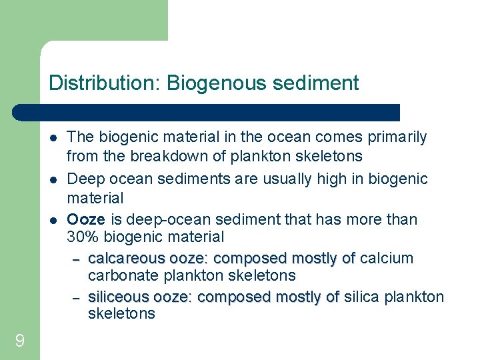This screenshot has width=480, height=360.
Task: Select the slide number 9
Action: pyautogui.click(x=19, y=341)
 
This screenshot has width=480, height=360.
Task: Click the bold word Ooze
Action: pyautogui.click(x=86, y=219)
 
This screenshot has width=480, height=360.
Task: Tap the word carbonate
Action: pyautogui.click(x=119, y=275)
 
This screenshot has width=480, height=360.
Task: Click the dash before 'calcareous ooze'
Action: pyautogui.click(x=76, y=259)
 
